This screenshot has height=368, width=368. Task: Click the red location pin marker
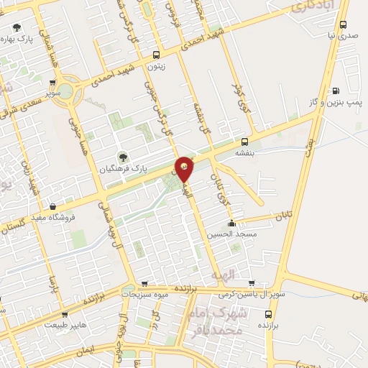[185, 167]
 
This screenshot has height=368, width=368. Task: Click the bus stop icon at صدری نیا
[344, 24]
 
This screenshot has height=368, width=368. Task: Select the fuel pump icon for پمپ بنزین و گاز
[336, 91]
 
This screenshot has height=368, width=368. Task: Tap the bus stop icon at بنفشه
[245, 141]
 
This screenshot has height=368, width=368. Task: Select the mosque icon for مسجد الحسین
[231, 223]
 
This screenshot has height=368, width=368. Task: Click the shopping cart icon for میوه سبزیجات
[144, 284]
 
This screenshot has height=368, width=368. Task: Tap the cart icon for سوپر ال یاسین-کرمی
[251, 282]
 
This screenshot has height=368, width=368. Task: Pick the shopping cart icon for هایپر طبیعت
[65, 314]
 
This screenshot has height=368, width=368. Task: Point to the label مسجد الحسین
[231, 234]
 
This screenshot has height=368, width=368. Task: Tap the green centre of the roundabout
[65, 91]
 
